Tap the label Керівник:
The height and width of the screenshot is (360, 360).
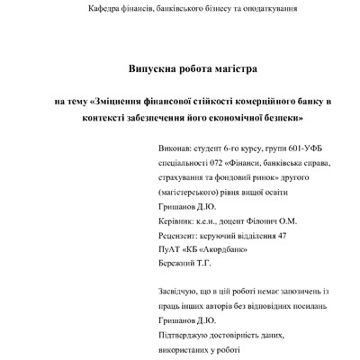(x=178, y=220)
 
